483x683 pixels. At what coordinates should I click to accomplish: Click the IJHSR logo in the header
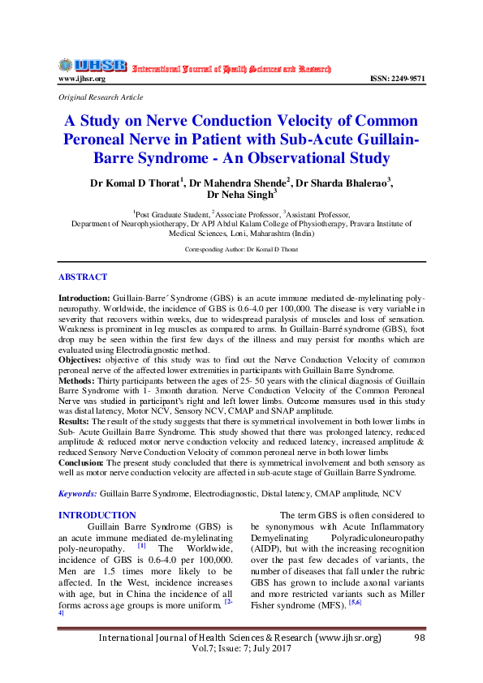point(93,66)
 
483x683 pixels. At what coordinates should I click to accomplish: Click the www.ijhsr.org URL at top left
point(81,79)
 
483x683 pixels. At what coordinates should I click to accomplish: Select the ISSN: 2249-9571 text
point(397,79)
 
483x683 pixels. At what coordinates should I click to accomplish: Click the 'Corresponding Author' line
point(241,249)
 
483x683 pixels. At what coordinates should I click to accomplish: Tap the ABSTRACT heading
point(83,277)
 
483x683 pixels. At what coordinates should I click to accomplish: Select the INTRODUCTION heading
point(97,515)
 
